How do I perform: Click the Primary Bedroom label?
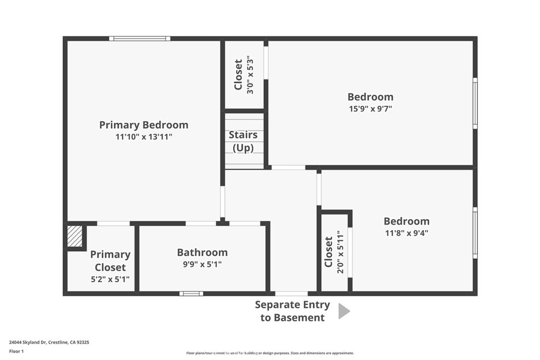coord(143,125)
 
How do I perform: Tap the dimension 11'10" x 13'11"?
coord(143,137)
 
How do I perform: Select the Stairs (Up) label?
coord(243,141)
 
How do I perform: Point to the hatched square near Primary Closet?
coord(75,236)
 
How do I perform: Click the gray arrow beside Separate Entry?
coord(344,311)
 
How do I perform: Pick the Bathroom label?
coord(202,252)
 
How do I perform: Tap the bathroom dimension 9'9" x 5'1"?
coord(202,264)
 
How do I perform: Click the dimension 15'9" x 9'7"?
coord(370,109)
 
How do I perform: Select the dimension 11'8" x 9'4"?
coord(407,233)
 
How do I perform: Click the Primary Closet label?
coord(110,261)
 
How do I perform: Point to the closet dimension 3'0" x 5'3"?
coord(250,76)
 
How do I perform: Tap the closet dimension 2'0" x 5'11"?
coord(340,252)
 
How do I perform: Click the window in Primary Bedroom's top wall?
coord(139,38)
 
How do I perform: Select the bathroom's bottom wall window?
coord(191,294)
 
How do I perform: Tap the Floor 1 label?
coord(16,352)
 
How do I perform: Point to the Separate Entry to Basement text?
coord(292,311)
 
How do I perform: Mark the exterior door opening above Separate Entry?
coord(291,294)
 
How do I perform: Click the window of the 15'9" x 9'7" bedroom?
coord(475,103)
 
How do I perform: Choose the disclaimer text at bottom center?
coord(270,353)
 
